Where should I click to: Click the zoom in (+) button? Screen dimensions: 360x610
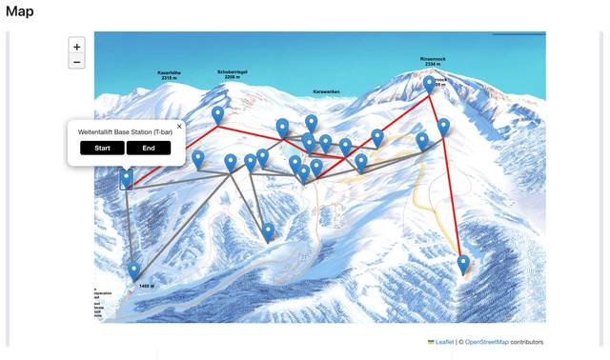pyautogui.click(x=77, y=46)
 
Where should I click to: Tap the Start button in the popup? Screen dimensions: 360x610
pyautogui.click(x=102, y=148)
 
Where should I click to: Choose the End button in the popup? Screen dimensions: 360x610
pyautogui.click(x=149, y=148)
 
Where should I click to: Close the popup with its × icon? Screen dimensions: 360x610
pyautogui.click(x=179, y=126)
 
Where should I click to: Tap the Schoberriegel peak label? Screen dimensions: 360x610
pyautogui.click(x=234, y=71)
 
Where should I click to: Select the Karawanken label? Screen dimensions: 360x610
pyautogui.click(x=326, y=91)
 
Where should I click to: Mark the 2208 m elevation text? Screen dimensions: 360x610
pyautogui.click(x=234, y=77)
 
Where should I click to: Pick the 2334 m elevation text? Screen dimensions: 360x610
pyautogui.click(x=434, y=64)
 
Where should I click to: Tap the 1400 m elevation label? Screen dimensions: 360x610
pyautogui.click(x=146, y=286)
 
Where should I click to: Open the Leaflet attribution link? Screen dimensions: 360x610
pyautogui.click(x=444, y=341)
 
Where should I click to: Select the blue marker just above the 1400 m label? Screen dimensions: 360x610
pyautogui.click(x=134, y=271)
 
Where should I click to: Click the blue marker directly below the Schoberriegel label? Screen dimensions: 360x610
pyautogui.click(x=218, y=115)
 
